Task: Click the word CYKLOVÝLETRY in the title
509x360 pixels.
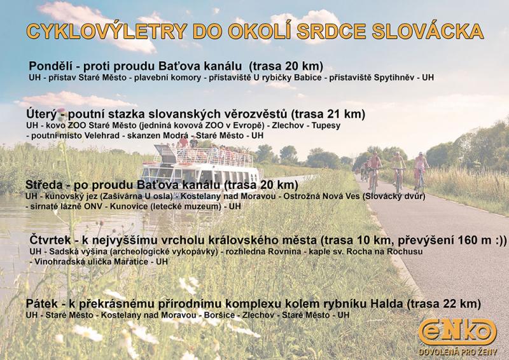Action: click(106, 31)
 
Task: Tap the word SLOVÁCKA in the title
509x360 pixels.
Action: click(428, 31)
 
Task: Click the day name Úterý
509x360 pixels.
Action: click(41, 114)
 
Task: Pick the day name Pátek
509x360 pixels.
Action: click(41, 304)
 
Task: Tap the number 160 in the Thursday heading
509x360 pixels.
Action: click(468, 240)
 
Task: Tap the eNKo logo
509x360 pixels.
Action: click(457, 333)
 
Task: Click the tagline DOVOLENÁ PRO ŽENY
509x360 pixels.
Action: click(457, 352)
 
